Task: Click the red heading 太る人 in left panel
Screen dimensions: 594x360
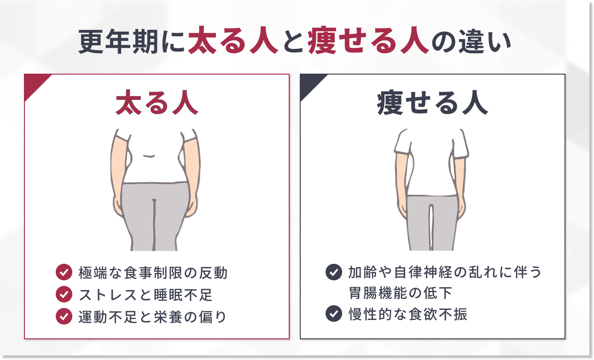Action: (157, 103)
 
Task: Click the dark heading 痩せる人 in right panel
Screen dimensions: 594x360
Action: (432, 103)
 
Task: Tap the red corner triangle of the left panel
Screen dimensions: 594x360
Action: (34, 83)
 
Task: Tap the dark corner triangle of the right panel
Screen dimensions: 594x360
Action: (309, 83)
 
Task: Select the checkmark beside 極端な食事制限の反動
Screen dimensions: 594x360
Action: (64, 272)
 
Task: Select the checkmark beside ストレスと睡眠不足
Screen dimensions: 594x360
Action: (64, 294)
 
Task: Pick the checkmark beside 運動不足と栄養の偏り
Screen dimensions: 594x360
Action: (64, 316)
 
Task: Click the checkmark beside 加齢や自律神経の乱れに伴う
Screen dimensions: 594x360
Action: (333, 272)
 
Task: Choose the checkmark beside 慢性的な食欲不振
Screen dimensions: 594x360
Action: (333, 314)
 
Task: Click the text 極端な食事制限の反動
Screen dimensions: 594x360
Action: (153, 273)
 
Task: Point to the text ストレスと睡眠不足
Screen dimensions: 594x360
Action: (146, 295)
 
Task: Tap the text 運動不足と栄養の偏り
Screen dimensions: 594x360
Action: (152, 317)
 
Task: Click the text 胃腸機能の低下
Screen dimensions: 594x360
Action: (401, 293)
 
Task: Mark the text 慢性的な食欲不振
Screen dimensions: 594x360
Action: (408, 314)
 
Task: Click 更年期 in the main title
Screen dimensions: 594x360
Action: (118, 41)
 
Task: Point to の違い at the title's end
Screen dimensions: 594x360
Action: (472, 41)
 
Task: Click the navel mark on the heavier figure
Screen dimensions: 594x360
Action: (149, 156)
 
